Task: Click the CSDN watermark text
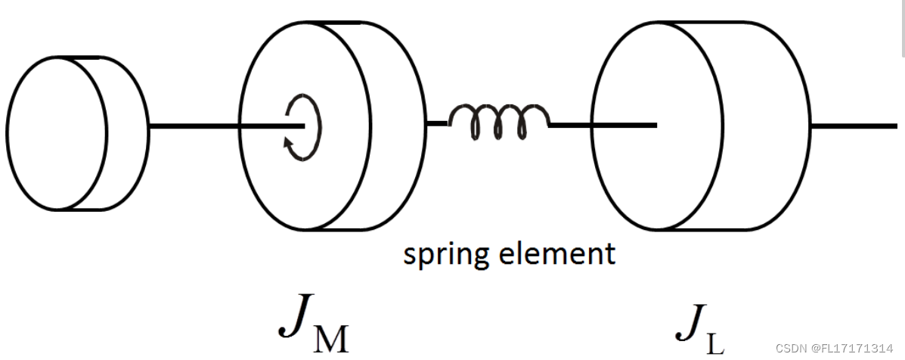click(x=792, y=349)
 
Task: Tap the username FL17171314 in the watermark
click(x=854, y=349)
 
